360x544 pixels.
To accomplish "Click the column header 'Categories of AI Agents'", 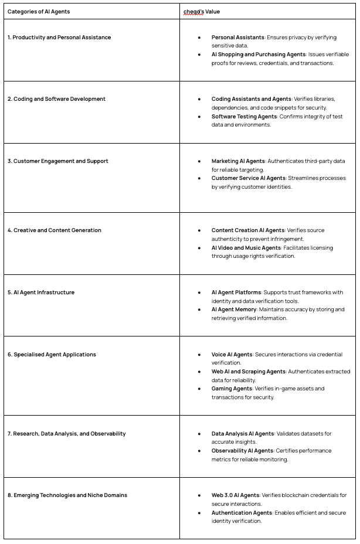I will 39,11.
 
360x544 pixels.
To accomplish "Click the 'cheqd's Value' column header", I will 202,11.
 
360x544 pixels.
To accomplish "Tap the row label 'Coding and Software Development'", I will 56,99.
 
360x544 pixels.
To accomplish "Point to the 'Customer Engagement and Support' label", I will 58,161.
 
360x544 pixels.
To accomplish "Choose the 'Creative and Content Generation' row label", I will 55,230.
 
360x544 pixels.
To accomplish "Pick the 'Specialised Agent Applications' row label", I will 53,355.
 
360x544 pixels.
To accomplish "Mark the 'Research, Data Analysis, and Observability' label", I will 67,434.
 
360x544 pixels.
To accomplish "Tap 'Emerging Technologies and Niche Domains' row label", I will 67,495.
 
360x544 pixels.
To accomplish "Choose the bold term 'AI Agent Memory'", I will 234,310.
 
